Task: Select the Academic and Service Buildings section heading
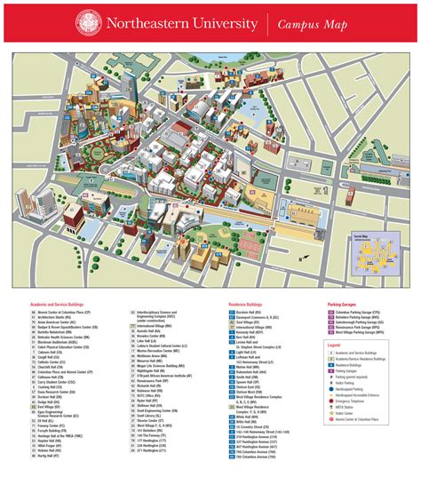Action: [x=56, y=304]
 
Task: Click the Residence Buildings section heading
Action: [x=246, y=304]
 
